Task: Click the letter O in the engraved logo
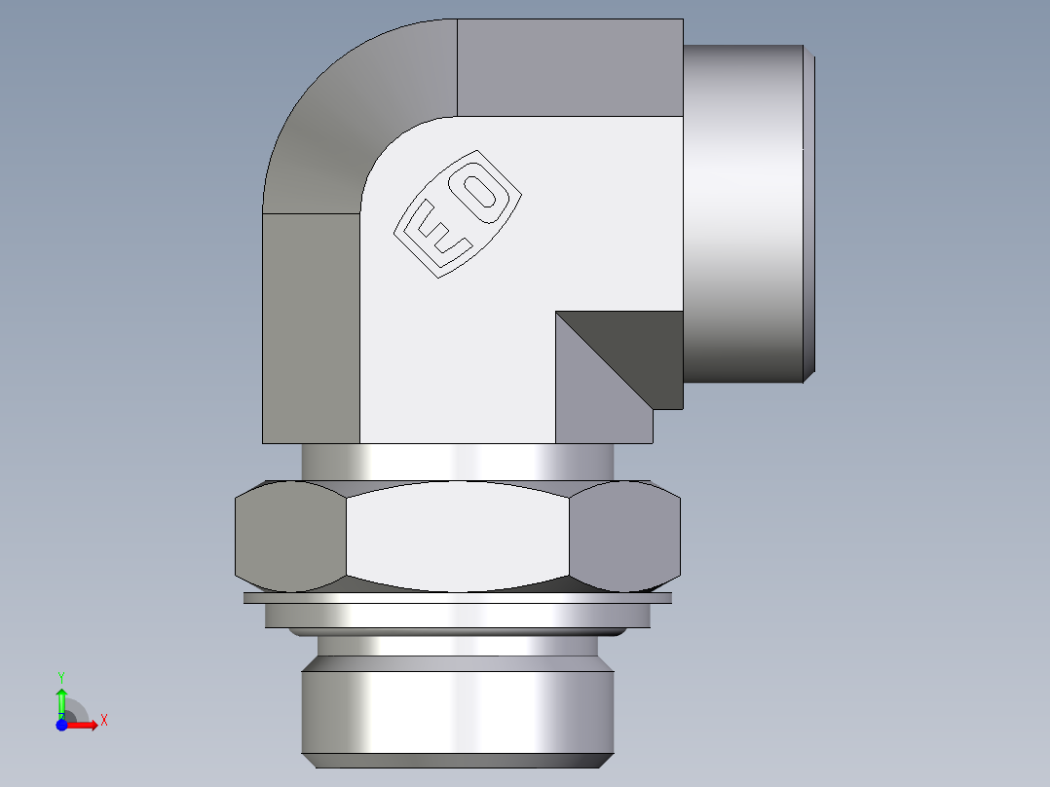483,196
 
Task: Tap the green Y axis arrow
61,699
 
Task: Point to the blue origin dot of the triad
62,724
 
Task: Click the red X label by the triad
103,721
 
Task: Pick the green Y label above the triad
61,676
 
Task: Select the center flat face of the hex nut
457,536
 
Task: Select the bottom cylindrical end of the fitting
457,709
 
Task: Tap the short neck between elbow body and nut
457,461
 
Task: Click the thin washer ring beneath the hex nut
457,599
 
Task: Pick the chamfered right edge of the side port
808,214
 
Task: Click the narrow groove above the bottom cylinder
457,645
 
